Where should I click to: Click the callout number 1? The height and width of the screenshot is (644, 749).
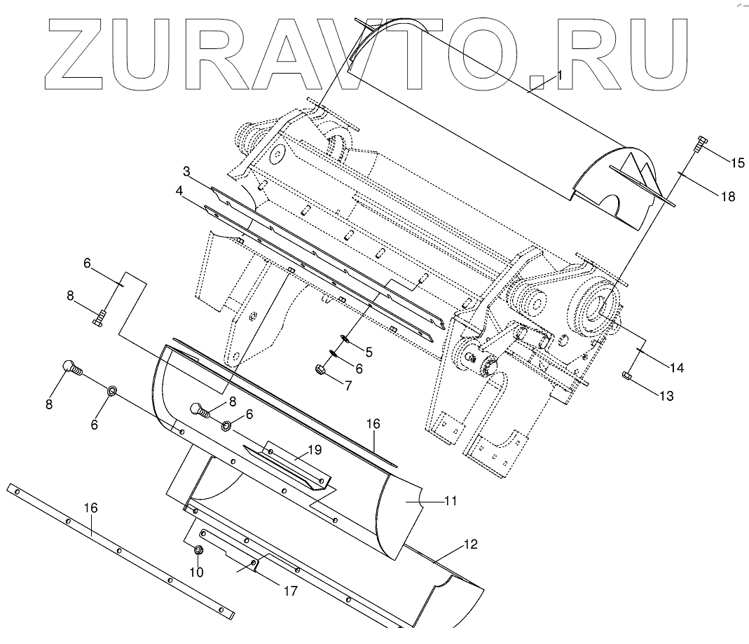pyautogui.click(x=560, y=75)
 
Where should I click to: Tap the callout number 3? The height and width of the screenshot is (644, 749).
pyautogui.click(x=187, y=171)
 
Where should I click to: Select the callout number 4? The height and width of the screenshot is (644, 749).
pyautogui.click(x=180, y=191)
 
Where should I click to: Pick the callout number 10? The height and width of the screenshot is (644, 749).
pyautogui.click(x=197, y=572)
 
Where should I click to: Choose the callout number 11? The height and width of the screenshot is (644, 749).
pyautogui.click(x=451, y=501)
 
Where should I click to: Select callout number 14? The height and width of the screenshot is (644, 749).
pyautogui.click(x=677, y=367)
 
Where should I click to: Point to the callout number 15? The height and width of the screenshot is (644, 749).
pyautogui.click(x=736, y=163)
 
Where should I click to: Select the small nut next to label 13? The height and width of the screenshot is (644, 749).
pyautogui.click(x=627, y=378)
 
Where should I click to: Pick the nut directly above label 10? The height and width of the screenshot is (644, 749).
pyautogui.click(x=198, y=551)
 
